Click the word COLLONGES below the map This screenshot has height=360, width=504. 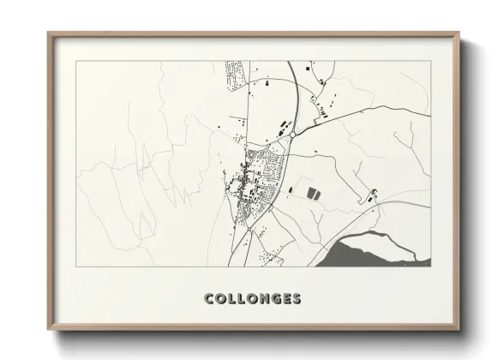[x=252, y=299]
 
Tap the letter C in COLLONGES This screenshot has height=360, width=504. [x=209, y=299]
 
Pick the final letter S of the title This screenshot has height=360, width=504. [x=296, y=299]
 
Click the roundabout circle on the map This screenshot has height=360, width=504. [x=291, y=135]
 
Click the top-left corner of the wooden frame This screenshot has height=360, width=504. [x=49, y=33]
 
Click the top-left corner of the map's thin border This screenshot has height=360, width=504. [x=76, y=61]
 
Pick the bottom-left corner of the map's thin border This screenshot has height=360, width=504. [x=76, y=267]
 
